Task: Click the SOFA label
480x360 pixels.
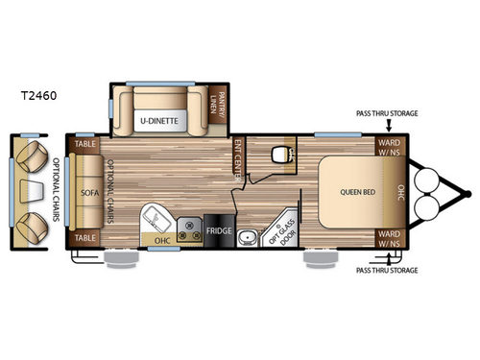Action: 90,190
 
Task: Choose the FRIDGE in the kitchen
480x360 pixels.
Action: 217,231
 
